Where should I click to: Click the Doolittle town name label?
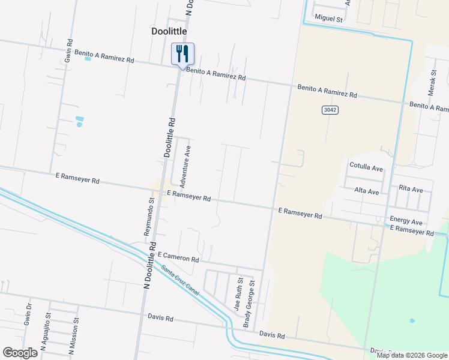(169, 31)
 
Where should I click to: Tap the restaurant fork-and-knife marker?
(182, 54)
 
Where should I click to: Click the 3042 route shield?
(330, 110)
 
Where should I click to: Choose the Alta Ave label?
(367, 191)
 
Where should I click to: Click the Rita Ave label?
(411, 189)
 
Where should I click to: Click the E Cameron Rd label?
(179, 259)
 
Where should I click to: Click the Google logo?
(20, 353)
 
